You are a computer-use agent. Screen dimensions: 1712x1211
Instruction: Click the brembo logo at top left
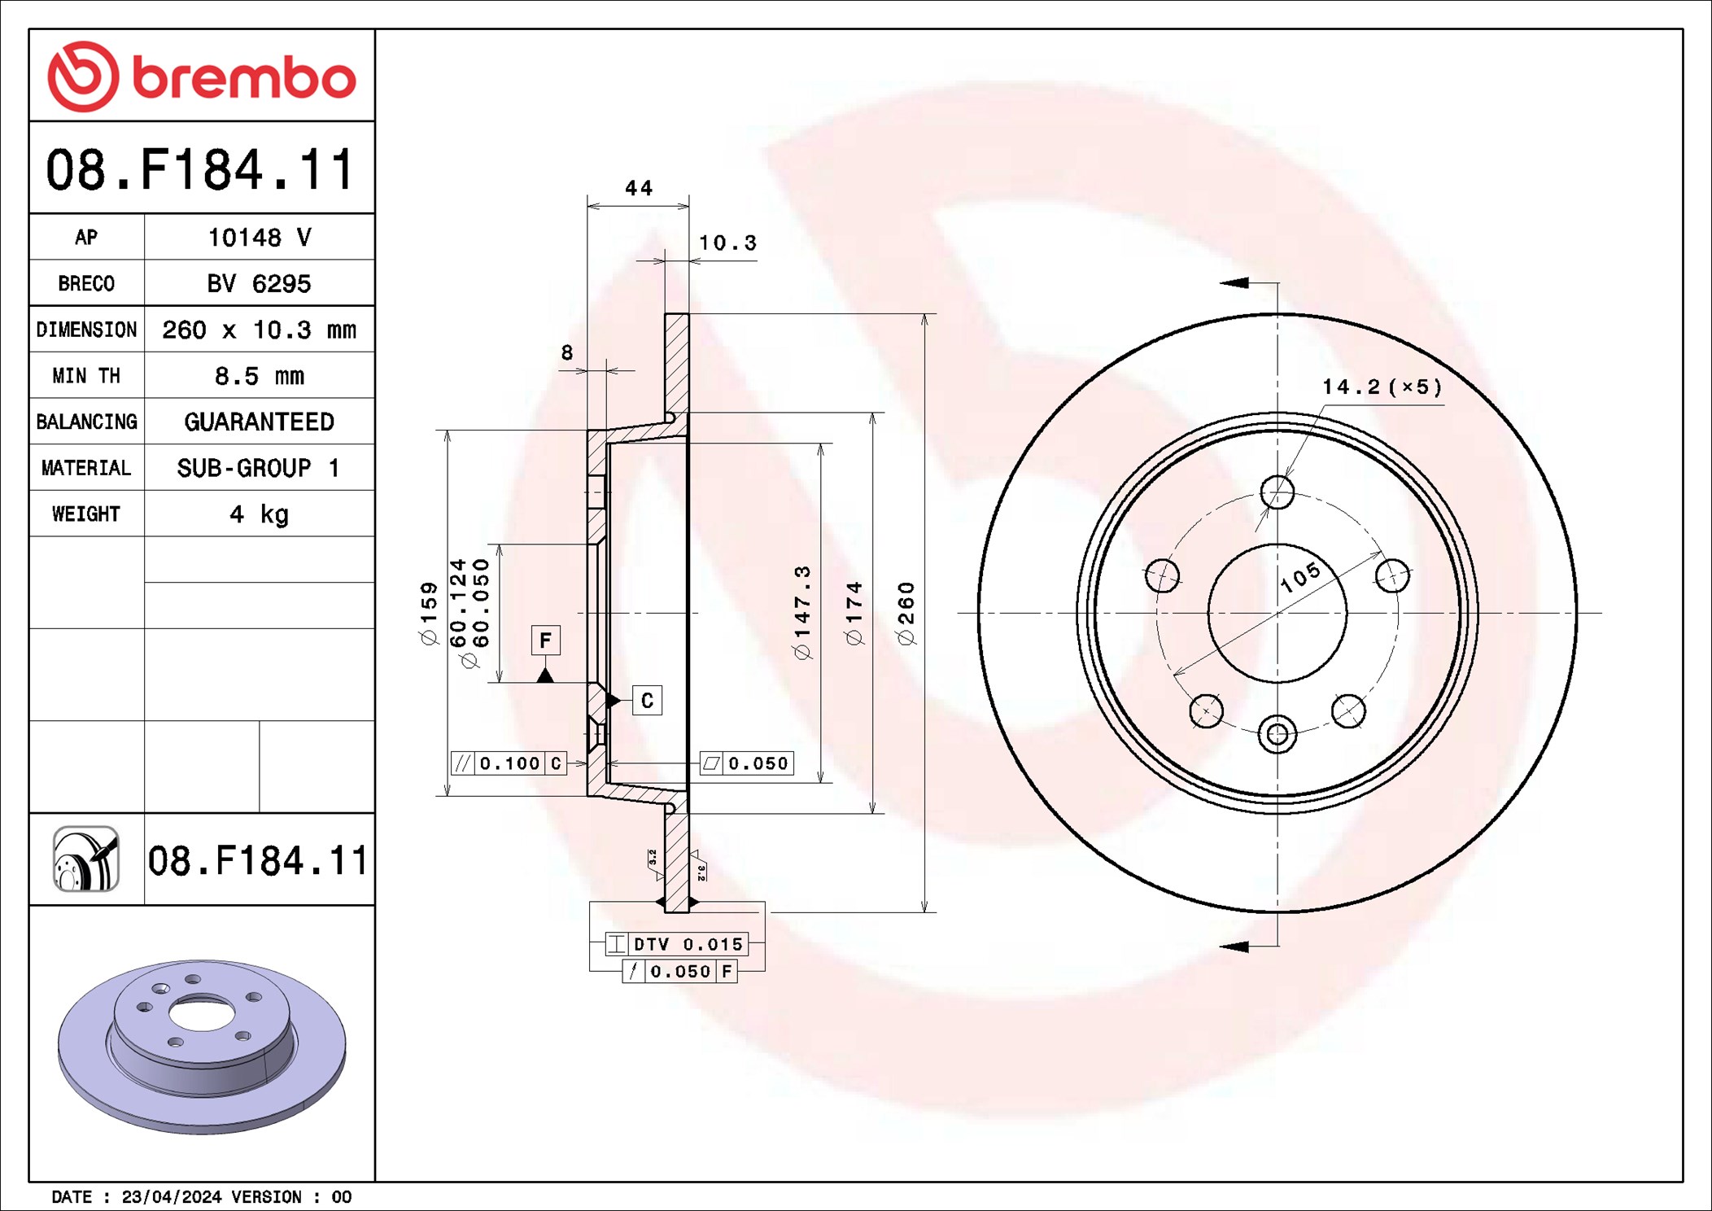tap(202, 77)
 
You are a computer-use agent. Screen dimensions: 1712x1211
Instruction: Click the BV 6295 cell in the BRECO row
tap(259, 283)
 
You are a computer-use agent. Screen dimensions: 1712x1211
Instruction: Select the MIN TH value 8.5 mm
tap(259, 376)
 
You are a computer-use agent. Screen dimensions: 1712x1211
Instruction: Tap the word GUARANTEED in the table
tap(259, 422)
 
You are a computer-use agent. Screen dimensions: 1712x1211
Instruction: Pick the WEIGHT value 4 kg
tap(259, 514)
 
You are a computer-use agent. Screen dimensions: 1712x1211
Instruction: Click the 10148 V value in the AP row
tap(259, 237)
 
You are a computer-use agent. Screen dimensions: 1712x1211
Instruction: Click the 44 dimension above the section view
tap(639, 188)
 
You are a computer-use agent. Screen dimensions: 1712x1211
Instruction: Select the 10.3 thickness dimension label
tap(727, 243)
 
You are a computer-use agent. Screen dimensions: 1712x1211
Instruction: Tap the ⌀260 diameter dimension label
tap(906, 614)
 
